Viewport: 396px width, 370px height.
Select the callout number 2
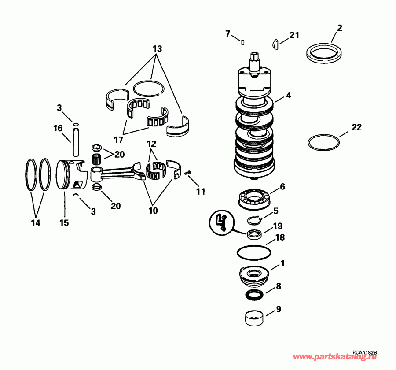(x=339, y=28)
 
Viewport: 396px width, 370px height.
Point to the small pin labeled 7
(x=242, y=42)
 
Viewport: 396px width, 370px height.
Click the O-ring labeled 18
(x=254, y=252)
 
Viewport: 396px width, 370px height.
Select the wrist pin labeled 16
(x=76, y=141)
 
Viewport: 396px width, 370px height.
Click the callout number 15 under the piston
(x=64, y=223)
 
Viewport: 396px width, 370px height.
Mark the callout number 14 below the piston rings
(x=36, y=223)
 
